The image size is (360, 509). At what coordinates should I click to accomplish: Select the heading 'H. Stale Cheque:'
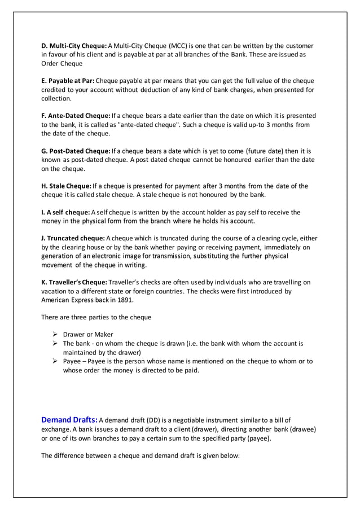[69, 186]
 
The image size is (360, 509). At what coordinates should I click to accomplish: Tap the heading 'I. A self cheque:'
[65, 213]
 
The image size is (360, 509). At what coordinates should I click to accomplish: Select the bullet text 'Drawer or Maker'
[88, 334]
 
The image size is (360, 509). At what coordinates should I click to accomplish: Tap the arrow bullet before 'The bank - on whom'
[55, 343]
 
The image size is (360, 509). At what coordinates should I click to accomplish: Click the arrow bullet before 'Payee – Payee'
[55, 361]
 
